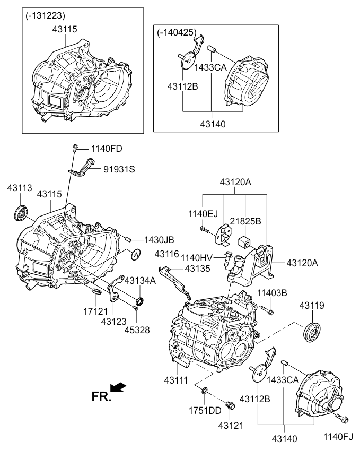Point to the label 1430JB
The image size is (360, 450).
157,239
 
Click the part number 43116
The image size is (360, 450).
168,255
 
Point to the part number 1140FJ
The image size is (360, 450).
338,436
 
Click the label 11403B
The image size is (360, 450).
272,293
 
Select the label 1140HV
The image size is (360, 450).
197,258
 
